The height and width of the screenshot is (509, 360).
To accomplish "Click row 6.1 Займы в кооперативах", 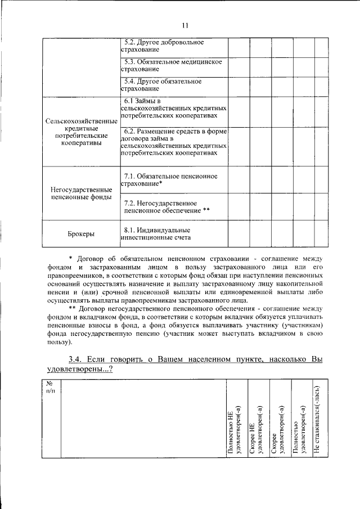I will click(x=174, y=107).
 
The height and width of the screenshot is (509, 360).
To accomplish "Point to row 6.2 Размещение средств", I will click(x=174, y=142).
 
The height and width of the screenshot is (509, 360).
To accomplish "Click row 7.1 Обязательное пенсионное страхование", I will click(x=169, y=180).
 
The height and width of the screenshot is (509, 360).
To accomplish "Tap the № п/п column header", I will click(x=49, y=388).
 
